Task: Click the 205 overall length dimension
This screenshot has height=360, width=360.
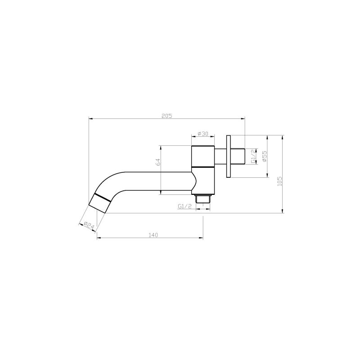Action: click(x=167, y=116)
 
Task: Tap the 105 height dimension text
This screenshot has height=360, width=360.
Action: click(x=279, y=180)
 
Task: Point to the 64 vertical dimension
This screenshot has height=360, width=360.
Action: click(x=158, y=162)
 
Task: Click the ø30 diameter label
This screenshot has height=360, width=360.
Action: click(x=203, y=134)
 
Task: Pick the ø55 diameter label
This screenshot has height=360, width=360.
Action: click(x=265, y=156)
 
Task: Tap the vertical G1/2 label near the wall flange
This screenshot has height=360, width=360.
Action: click(x=254, y=156)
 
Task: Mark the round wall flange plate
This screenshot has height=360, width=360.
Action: click(x=229, y=156)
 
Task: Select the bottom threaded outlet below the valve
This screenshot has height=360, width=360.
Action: click(x=203, y=198)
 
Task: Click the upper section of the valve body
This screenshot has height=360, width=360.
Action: click(x=202, y=156)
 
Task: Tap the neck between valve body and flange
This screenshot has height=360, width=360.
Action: click(x=220, y=156)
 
